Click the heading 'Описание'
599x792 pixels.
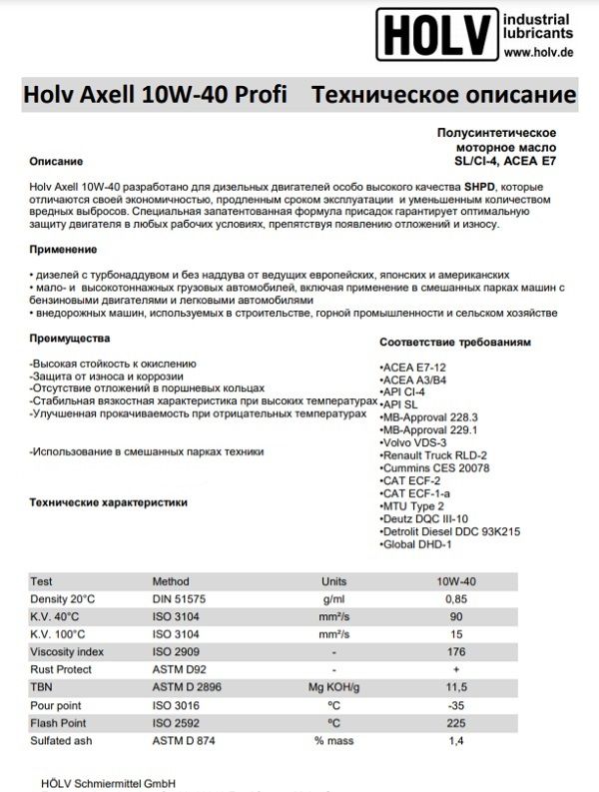56,161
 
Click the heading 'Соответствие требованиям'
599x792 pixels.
455,342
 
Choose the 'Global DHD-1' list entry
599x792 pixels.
418,545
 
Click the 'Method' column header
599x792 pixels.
170,581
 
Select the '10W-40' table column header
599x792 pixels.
454,581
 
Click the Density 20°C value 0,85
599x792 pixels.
454,598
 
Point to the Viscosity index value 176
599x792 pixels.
454,650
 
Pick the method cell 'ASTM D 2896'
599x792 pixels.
186,686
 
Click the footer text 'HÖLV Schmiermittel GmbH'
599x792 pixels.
90,783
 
